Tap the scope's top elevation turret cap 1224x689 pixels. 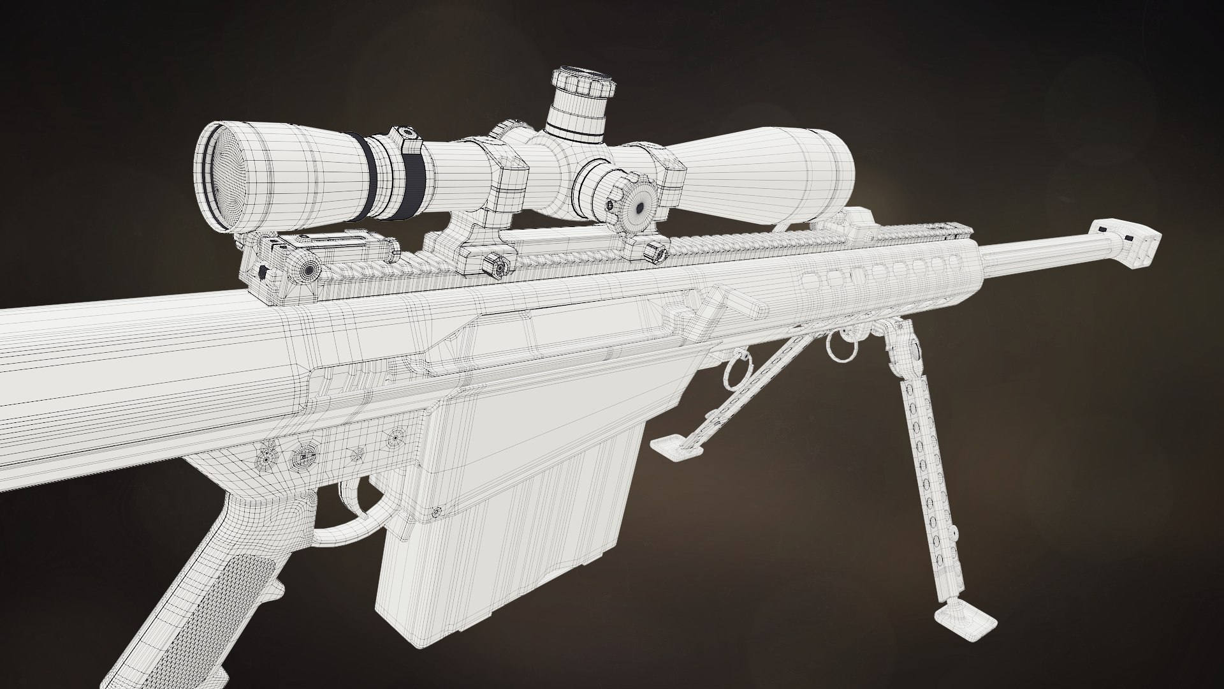(583, 83)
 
